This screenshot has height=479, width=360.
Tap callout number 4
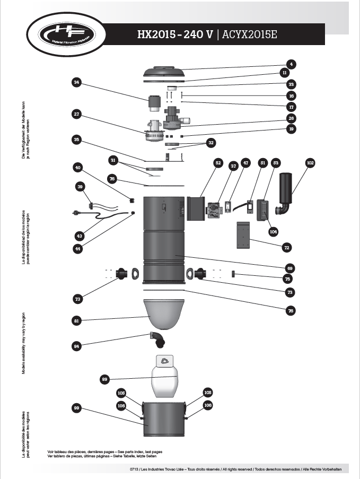pos(292,64)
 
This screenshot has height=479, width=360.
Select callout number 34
pos(77,82)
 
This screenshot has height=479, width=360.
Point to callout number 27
pos(77,114)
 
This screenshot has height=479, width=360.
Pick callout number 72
pos(287,247)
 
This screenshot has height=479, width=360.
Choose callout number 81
pos(77,320)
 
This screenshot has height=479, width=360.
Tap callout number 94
pos(77,345)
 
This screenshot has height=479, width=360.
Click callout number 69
pos(290,268)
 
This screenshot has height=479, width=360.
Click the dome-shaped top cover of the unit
pos(164,72)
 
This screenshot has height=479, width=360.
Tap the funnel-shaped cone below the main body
pos(164,314)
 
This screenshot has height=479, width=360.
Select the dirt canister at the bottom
pos(163,416)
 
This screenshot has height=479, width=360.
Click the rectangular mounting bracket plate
pos(243,234)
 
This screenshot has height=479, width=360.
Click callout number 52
pos(217,163)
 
